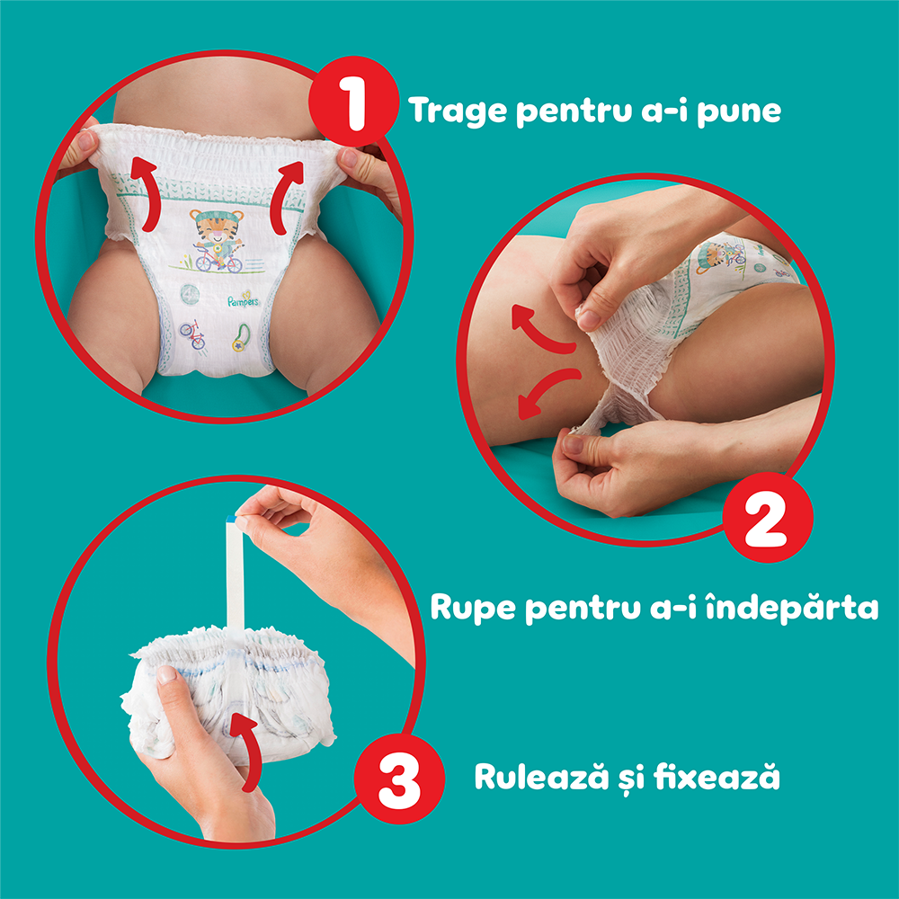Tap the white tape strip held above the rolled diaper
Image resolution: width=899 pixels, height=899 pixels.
(236, 575)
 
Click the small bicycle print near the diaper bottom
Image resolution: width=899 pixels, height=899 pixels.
(191, 335)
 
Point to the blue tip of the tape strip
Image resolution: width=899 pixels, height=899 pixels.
(236, 519)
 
